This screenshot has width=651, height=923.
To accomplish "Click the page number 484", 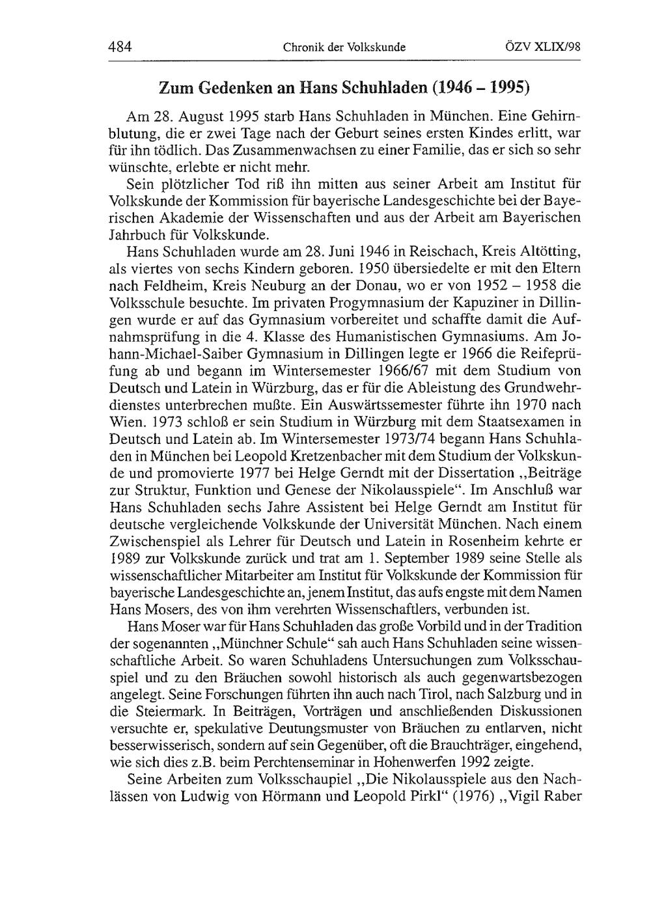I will click(x=120, y=47).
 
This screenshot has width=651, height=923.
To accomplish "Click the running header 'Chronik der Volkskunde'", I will click(x=344, y=48).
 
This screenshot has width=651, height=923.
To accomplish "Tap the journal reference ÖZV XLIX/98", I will click(x=543, y=47).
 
